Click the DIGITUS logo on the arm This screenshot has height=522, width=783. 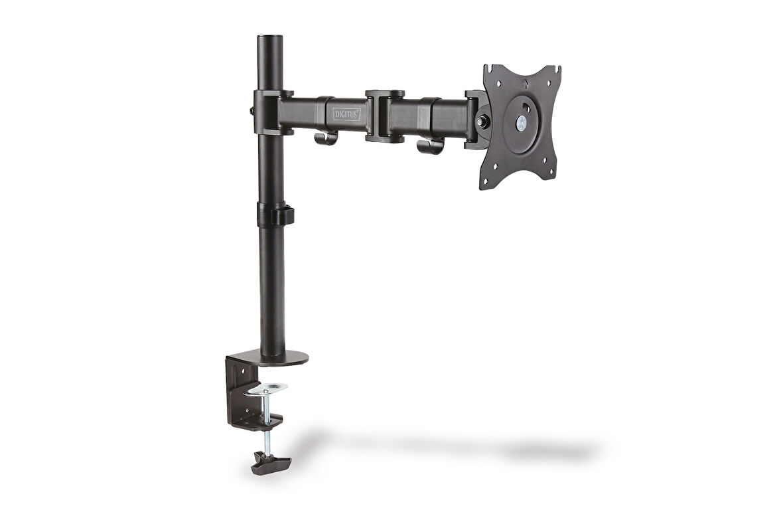point(346,114)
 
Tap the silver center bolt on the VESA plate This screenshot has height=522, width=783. point(522,123)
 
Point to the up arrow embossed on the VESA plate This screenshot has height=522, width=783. point(526,84)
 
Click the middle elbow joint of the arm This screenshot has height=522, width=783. point(385,116)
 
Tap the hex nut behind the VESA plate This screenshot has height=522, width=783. point(482,122)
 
